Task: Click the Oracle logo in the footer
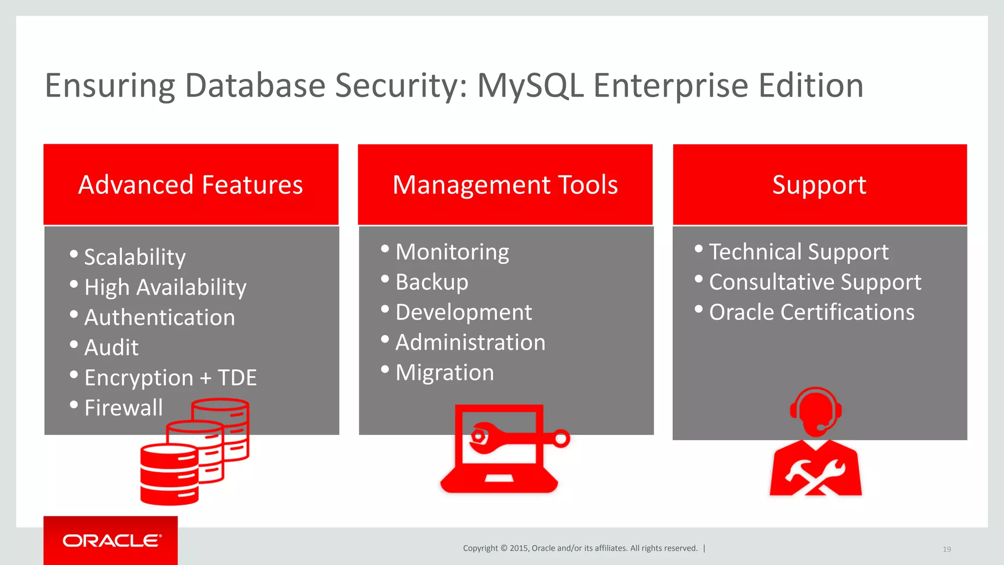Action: tap(112, 540)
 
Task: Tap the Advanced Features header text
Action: tap(191, 185)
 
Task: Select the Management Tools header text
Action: tap(505, 185)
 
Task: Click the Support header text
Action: tap(819, 185)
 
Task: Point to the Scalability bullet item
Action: tap(135, 257)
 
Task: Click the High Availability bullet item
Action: tap(165, 287)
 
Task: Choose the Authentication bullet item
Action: tap(159, 317)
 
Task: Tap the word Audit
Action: tap(112, 348)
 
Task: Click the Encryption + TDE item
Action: tap(170, 378)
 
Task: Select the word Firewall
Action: tap(124, 408)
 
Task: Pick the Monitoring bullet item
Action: tap(452, 252)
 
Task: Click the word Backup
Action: tap(432, 282)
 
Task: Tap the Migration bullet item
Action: tap(445, 373)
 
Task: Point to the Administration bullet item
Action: tap(470, 342)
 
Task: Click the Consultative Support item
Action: tap(815, 282)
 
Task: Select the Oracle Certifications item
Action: tap(811, 312)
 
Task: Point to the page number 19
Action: tap(947, 549)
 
